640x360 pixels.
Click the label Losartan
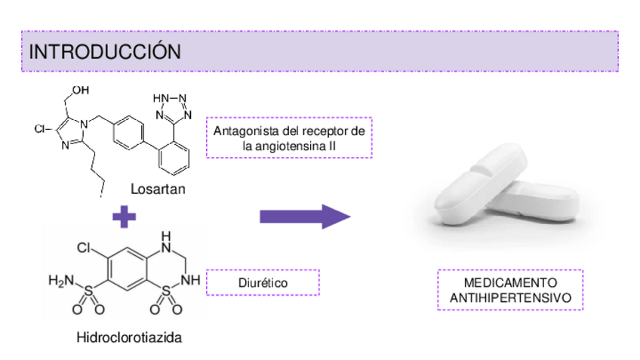pyautogui.click(x=158, y=189)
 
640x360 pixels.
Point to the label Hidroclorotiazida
pyautogui.click(x=129, y=337)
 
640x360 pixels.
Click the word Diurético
pyautogui.click(x=263, y=282)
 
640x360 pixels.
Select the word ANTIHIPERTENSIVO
pyautogui.click(x=509, y=299)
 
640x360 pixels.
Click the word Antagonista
pyautogui.click(x=242, y=131)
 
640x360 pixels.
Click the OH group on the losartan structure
pyautogui.click(x=80, y=90)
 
